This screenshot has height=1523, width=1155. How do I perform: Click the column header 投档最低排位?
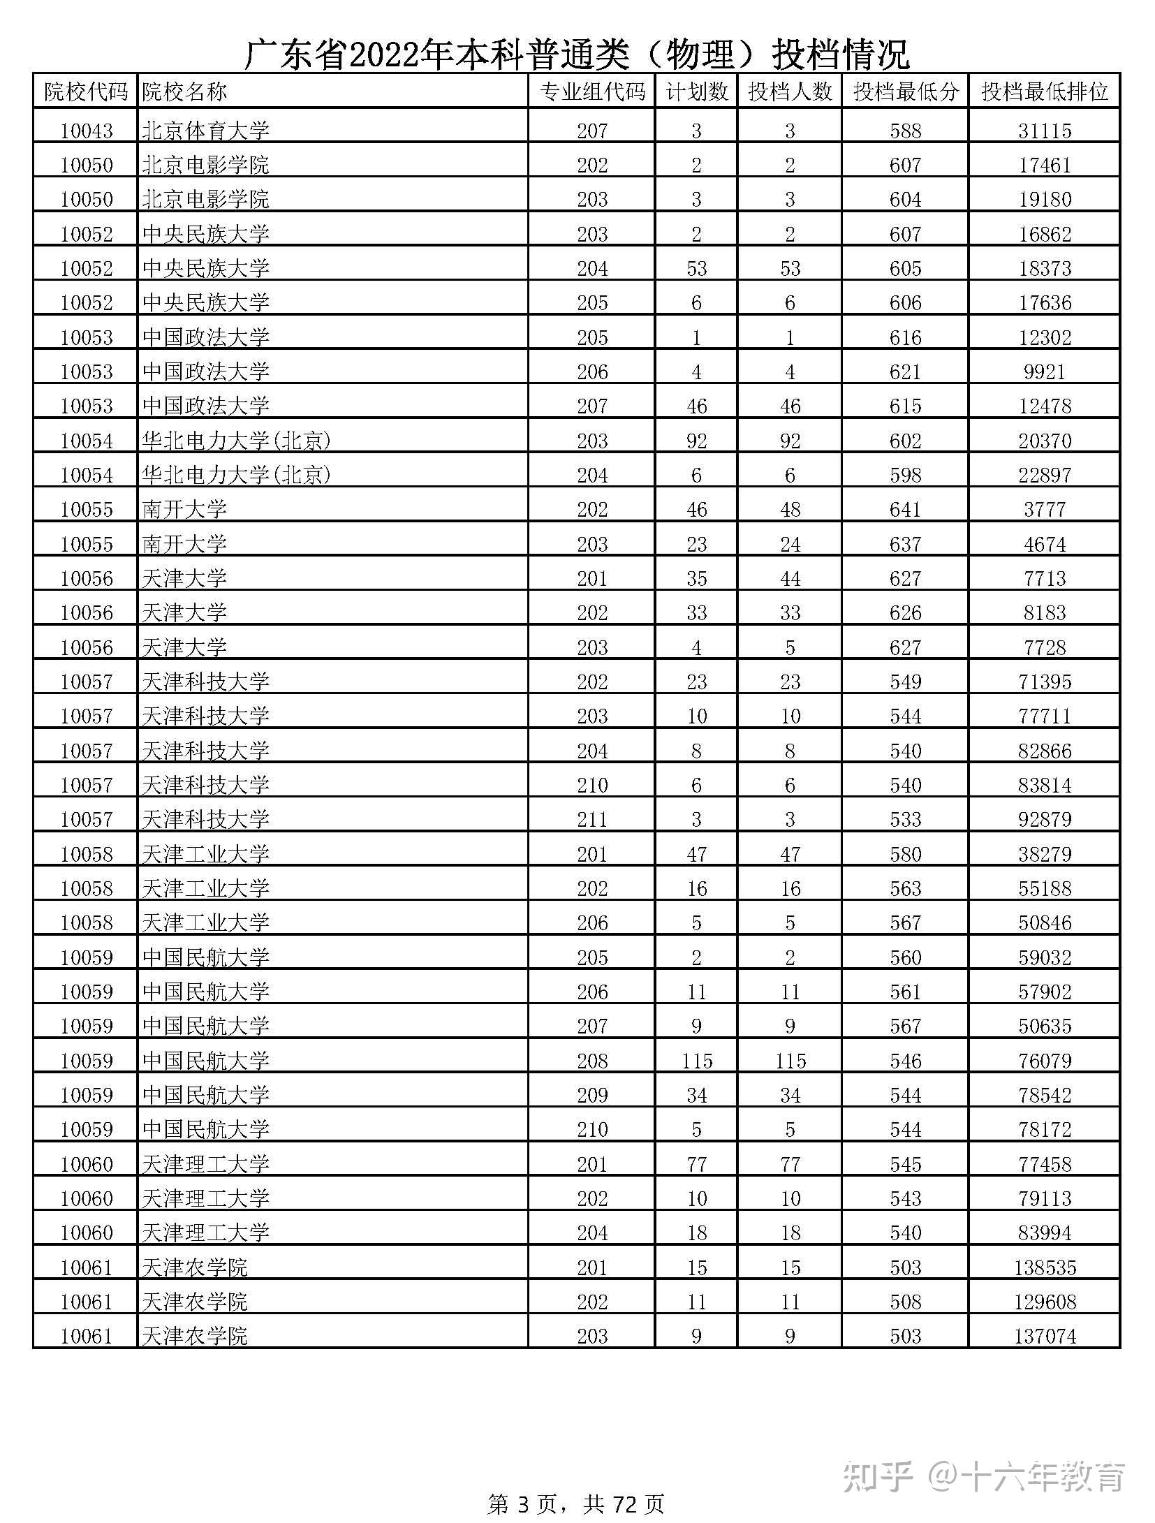[x=1044, y=91]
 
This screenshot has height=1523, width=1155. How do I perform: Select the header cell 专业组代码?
[x=592, y=91]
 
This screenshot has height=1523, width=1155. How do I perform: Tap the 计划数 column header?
[x=696, y=91]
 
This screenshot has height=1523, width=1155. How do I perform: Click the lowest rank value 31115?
[x=1044, y=131]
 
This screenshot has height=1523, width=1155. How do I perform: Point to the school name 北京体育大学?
[x=205, y=131]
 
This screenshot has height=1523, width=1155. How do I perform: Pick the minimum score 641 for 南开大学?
[x=905, y=509]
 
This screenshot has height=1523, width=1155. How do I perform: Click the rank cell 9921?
[x=1044, y=371]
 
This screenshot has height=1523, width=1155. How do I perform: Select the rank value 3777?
[x=1044, y=509]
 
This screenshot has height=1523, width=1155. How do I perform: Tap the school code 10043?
[x=87, y=131]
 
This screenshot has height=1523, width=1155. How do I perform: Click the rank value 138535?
[x=1044, y=1267]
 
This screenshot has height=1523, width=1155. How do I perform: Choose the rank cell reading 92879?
[x=1044, y=819]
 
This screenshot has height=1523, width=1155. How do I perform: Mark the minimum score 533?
[x=905, y=819]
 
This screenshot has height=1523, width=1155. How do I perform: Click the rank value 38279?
[x=1044, y=854]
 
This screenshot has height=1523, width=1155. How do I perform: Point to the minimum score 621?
[x=905, y=371]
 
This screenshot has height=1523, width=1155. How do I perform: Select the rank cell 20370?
[x=1044, y=441]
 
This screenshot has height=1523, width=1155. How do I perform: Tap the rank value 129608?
[x=1044, y=1302]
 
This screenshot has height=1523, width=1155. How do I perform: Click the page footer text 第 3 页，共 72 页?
[x=575, y=1504]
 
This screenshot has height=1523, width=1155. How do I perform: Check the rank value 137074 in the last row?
[x=1044, y=1336]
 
